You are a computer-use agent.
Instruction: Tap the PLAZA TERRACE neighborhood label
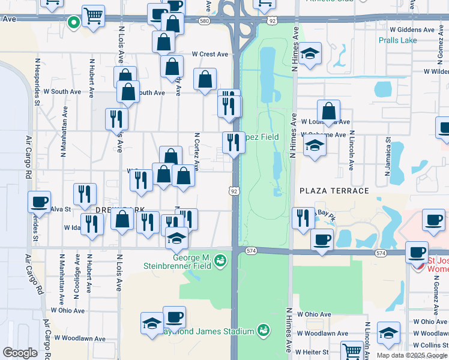[x=334, y=191]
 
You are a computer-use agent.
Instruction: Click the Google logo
[x=20, y=353]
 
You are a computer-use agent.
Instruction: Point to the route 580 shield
[x=205, y=20]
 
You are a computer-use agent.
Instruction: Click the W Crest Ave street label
[x=210, y=54]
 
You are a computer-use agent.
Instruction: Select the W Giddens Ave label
[x=412, y=29]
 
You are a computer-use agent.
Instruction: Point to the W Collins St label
[x=431, y=345]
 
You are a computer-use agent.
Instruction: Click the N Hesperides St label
[x=37, y=80]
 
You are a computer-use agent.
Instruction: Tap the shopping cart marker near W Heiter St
[x=352, y=350]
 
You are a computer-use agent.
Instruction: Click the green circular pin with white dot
[x=74, y=23]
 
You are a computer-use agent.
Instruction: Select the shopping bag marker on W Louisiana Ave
[x=328, y=112]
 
